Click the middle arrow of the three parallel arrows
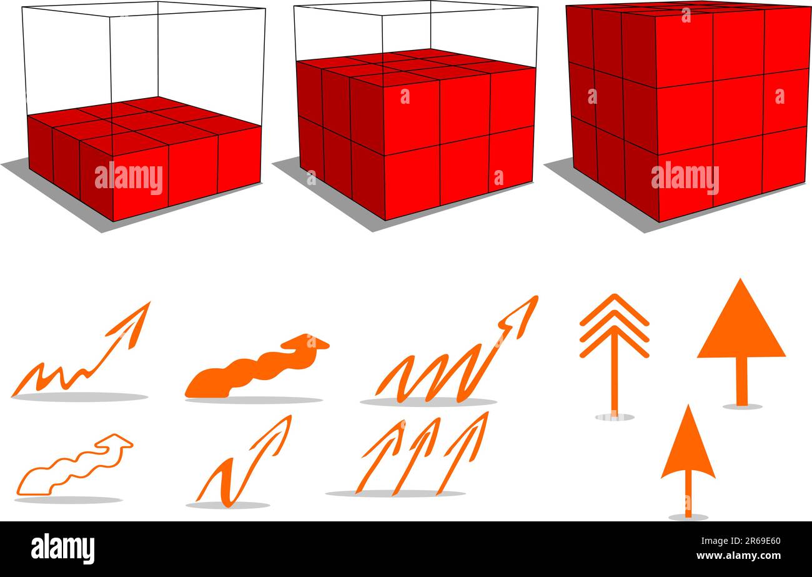417,455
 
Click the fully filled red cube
687,113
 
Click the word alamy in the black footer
62,549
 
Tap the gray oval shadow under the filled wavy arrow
253,400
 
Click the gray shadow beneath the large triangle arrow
742,407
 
